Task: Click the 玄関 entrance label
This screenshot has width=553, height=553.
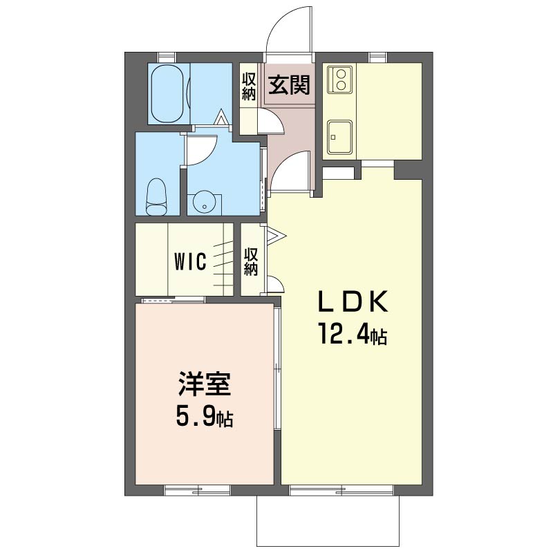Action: [x=289, y=85]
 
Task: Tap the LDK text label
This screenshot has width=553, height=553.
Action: [x=353, y=302]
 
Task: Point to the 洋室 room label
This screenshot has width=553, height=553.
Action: [x=204, y=384]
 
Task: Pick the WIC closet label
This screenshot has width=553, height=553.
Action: [x=190, y=262]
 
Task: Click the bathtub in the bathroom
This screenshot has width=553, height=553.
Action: [x=168, y=94]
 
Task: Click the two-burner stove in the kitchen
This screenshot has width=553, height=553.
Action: [x=340, y=79]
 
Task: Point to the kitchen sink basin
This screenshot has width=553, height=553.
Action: [x=339, y=138]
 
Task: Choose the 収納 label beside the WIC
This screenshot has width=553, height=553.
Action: [x=251, y=262]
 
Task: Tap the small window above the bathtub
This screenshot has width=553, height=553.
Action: [x=167, y=57]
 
